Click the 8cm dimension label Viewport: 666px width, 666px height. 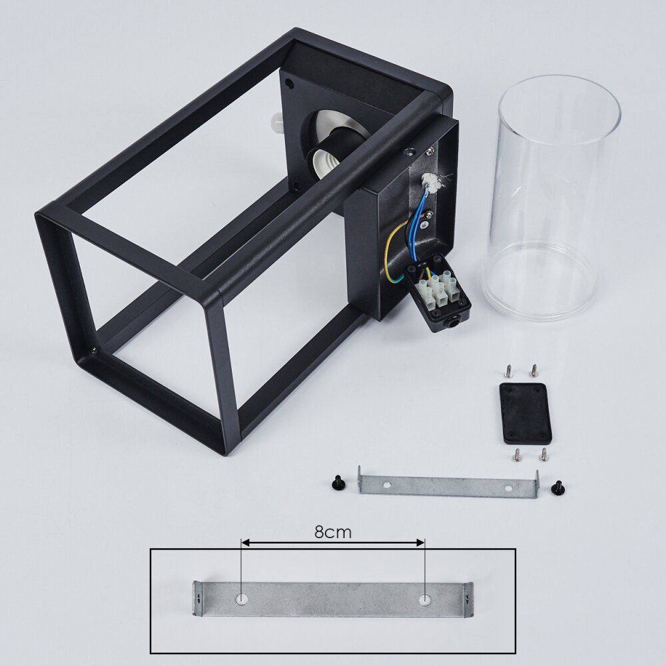pos(333,531)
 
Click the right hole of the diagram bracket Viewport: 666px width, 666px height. pos(424,599)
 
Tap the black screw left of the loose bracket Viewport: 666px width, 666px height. pos(336,484)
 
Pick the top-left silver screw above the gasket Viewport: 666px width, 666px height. pos(507,371)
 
